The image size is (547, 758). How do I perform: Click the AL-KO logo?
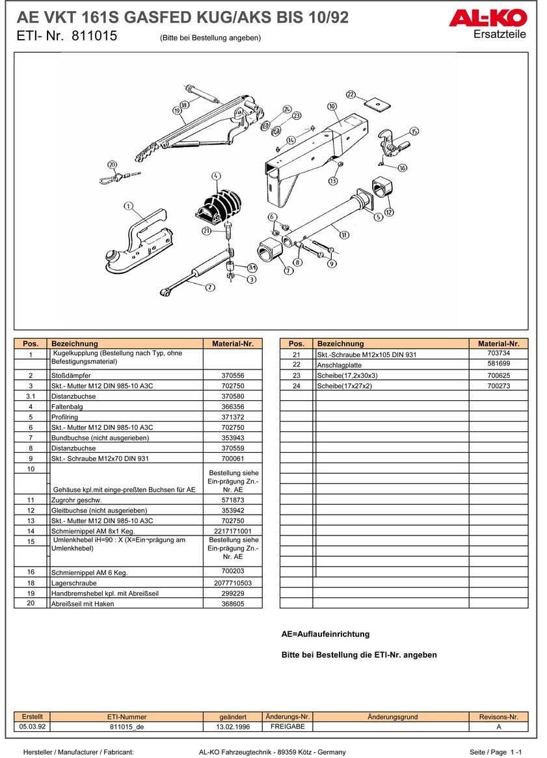[487, 18]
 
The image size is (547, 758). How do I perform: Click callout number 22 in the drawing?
[351, 94]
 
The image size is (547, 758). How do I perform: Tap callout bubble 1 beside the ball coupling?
[128, 207]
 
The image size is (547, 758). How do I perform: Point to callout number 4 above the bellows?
[216, 176]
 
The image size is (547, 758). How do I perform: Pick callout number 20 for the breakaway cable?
[111, 165]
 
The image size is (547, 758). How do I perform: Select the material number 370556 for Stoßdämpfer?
[233, 375]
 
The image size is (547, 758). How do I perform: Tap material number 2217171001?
[233, 532]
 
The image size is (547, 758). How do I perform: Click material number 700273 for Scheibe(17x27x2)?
[498, 386]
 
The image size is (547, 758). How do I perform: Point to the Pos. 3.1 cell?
[31, 396]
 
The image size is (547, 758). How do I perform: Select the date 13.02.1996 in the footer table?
[233, 727]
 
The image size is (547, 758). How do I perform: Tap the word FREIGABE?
[287, 727]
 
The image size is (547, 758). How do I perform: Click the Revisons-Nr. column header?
[498, 717]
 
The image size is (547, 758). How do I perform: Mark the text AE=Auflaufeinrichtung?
[325, 634]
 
